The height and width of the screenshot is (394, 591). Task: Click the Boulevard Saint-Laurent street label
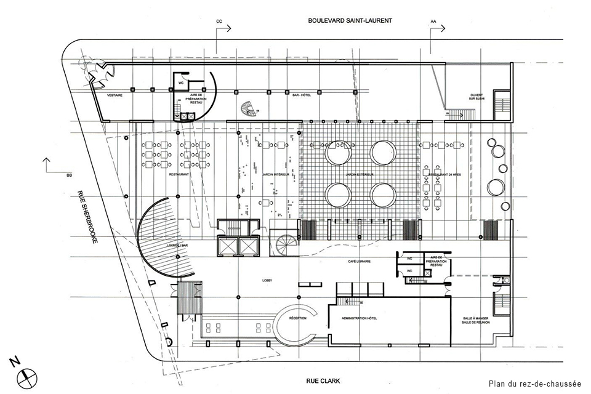pyautogui.click(x=350, y=20)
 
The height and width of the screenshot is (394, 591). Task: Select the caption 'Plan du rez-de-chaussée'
pyautogui.click(x=535, y=384)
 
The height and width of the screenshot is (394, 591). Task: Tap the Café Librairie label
pyautogui.click(x=358, y=262)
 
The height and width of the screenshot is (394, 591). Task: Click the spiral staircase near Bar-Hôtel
pyautogui.click(x=248, y=108)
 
